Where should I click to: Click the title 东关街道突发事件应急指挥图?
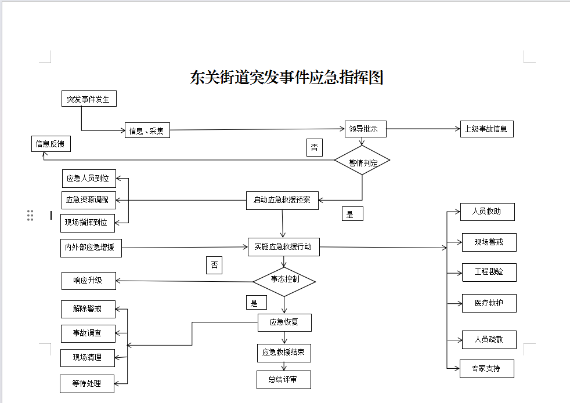coord(287,78)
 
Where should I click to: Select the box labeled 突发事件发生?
coord(89,99)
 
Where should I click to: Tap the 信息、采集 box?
coord(146,130)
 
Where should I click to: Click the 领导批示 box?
coord(365,129)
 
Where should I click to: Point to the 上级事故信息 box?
coord(486,129)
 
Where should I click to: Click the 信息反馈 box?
coord(51,144)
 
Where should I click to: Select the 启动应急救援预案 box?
coord(282,200)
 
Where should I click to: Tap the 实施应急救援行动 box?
coord(283,246)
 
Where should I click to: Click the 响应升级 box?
coord(89,281)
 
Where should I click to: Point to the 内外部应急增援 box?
coord(91,248)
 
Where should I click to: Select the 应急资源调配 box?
coord(89,200)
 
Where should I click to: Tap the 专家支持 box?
coord(486,369)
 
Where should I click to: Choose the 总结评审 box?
coord(284,380)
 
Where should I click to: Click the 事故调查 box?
coord(88,333)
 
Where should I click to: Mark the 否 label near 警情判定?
coord(314,148)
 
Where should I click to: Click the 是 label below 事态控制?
coord(255,303)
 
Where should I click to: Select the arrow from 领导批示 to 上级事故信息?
coord(423,129)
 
